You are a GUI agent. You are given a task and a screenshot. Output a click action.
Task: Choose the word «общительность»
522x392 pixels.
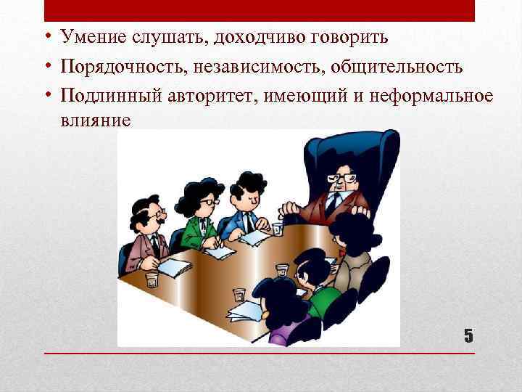(397, 67)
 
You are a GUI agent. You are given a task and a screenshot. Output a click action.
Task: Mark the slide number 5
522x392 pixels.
(468, 335)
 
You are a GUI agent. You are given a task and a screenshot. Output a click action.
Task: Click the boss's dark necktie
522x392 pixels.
(333, 203)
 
